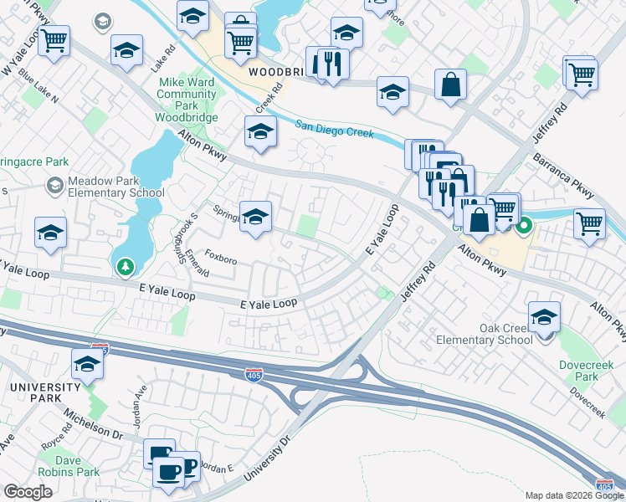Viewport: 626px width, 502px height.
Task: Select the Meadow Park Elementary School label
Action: click(105, 187)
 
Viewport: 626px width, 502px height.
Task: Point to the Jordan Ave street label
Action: click(141, 401)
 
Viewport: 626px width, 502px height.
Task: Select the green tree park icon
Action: click(125, 267)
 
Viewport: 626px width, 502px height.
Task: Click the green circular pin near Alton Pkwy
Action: click(525, 225)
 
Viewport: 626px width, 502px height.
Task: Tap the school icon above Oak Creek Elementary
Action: click(544, 316)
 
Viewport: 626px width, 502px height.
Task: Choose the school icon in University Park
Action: click(87, 364)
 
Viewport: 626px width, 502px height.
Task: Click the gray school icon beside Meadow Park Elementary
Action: click(55, 184)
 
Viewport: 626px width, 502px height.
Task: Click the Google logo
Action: click(28, 491)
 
